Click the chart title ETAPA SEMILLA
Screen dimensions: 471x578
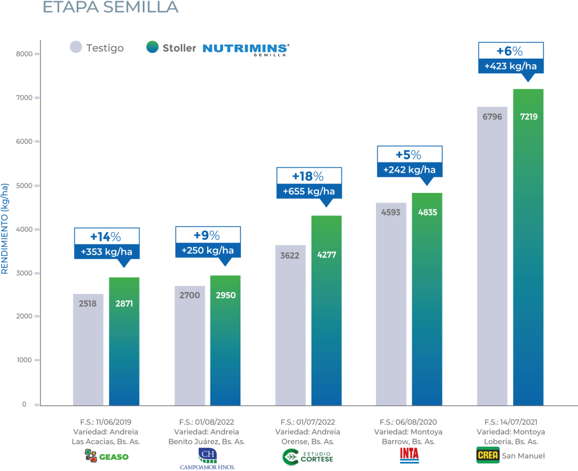point(110,7)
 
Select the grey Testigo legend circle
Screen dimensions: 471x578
point(76,47)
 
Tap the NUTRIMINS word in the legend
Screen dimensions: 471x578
point(244,48)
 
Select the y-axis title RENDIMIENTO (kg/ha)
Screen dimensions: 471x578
point(5,228)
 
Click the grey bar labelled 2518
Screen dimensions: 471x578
point(88,350)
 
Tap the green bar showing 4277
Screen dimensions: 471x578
point(326,310)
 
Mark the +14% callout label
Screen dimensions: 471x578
point(107,236)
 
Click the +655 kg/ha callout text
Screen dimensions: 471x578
point(309,191)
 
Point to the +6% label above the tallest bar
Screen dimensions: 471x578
point(510,51)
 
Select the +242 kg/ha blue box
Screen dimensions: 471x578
point(410,169)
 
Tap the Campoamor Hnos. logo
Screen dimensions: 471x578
point(207,457)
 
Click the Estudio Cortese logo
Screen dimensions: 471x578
point(308,457)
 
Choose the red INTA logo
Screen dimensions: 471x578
point(409,455)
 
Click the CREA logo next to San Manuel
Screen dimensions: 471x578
point(488,455)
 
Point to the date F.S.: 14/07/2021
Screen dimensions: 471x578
point(510,422)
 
